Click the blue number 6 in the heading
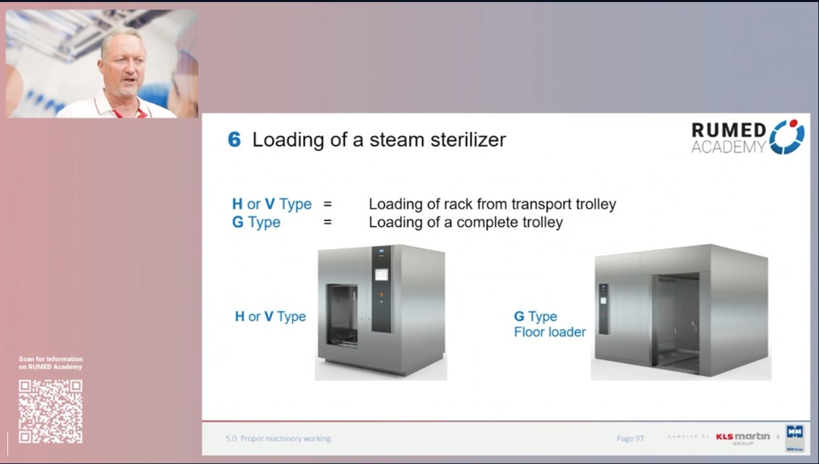click(x=234, y=140)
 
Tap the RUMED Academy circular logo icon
click(x=786, y=137)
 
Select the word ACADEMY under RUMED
click(x=728, y=147)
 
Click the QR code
click(x=50, y=411)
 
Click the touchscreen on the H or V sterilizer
click(x=381, y=275)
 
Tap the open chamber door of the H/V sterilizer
click(x=342, y=315)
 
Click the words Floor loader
click(x=550, y=332)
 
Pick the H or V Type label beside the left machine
click(x=270, y=316)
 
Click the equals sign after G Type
click(x=328, y=222)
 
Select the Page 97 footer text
click(x=630, y=438)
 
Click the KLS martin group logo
click(x=742, y=438)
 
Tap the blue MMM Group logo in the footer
click(x=795, y=437)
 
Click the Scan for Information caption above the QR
click(x=50, y=363)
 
